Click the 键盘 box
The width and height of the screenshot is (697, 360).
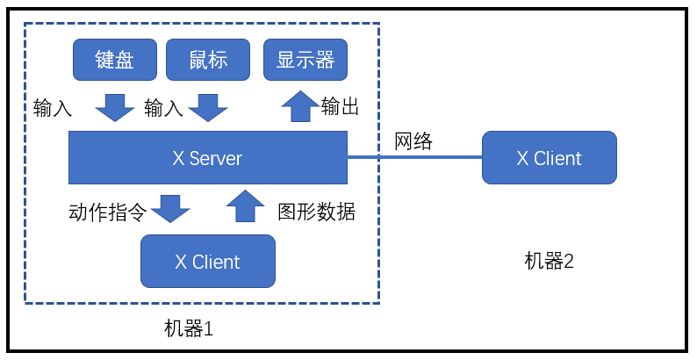114,60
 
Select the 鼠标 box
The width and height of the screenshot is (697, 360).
208,60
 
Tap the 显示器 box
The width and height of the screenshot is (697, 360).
305,60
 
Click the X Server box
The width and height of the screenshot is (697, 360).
208,158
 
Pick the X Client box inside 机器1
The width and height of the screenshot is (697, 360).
208,262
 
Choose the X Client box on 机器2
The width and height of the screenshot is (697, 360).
549,158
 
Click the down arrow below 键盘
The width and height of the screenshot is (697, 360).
114,107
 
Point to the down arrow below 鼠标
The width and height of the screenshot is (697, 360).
208,107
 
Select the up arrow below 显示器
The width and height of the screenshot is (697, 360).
300,106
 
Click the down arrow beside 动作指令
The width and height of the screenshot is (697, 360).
170,209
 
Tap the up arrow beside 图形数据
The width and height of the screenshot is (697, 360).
245,207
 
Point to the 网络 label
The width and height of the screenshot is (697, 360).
413,141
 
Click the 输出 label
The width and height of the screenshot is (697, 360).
341,107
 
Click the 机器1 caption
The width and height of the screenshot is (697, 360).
189,329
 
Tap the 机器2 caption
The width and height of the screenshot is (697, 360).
549,261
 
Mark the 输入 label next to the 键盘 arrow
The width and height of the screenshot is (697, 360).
53,108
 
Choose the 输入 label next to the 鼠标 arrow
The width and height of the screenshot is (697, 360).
163,108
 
